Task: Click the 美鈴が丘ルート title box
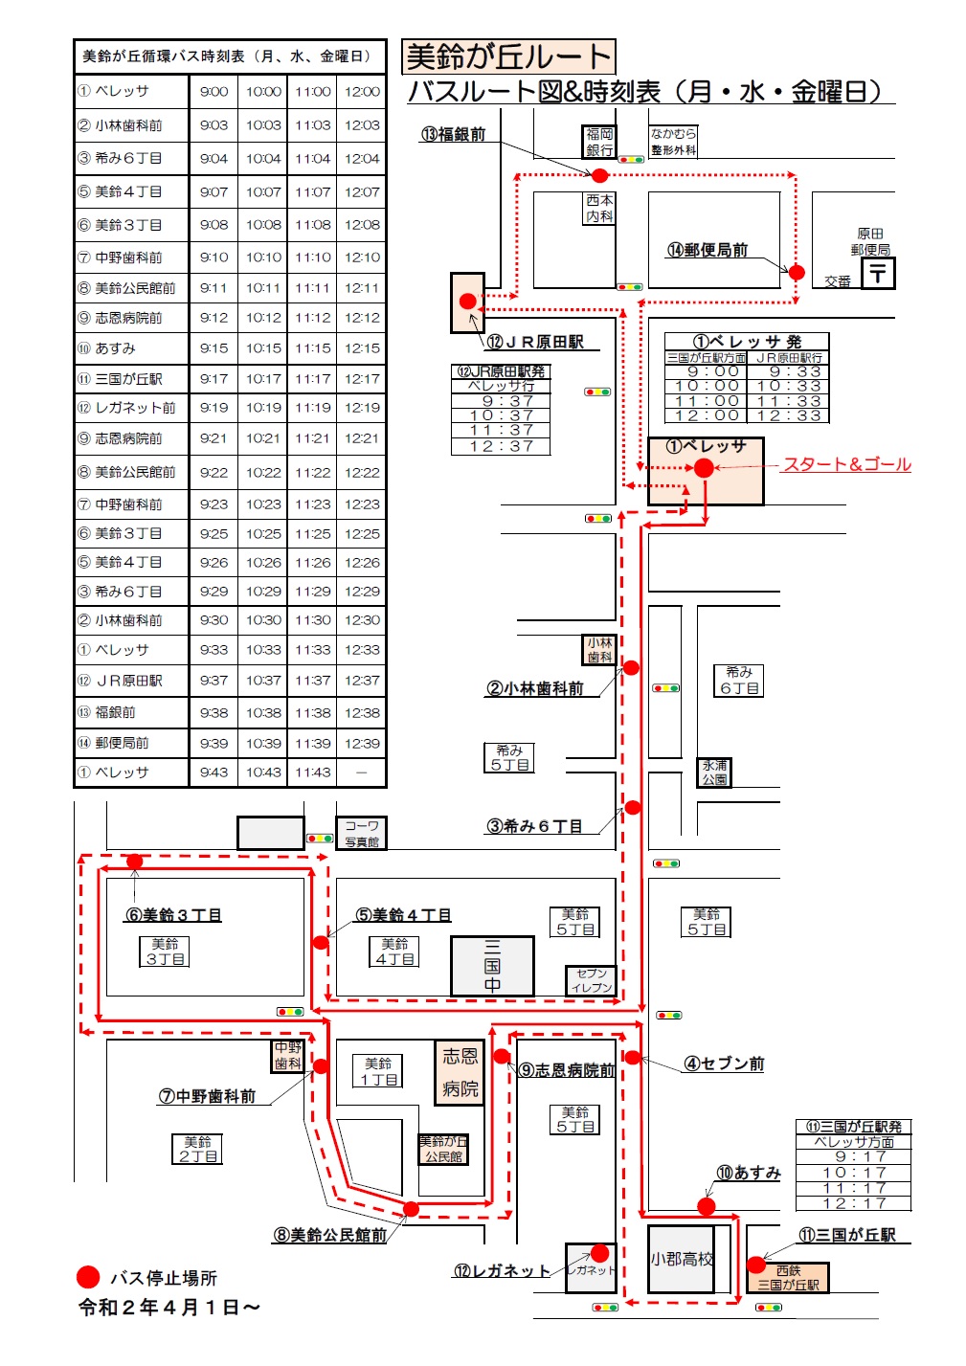(508, 56)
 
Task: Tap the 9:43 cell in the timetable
(213, 773)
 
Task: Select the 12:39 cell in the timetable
(362, 744)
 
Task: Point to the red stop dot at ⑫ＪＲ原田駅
(468, 301)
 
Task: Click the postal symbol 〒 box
(878, 273)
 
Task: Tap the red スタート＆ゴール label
(846, 464)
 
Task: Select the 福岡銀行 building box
(599, 142)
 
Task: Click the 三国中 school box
(492, 966)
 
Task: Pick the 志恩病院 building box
(460, 1072)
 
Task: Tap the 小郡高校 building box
(681, 1260)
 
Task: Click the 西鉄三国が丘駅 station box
(788, 1278)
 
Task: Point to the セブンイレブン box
(591, 980)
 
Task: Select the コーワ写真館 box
(361, 833)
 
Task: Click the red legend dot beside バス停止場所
(88, 1278)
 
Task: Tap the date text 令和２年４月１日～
(169, 1308)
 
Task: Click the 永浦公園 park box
(714, 773)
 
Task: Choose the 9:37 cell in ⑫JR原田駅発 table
(501, 401)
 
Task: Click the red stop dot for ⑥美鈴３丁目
(134, 861)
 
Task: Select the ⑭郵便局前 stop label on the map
(707, 250)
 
